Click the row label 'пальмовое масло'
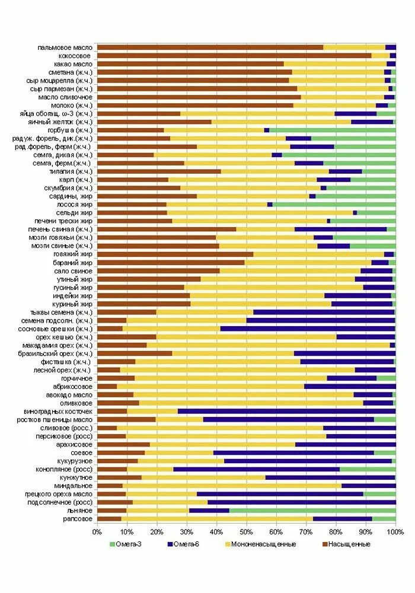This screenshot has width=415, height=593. (64, 47)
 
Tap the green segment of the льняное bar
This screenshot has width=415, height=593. (312, 511)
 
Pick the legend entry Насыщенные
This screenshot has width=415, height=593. (346, 544)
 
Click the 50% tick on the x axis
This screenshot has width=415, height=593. (247, 533)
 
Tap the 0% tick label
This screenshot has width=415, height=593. (97, 533)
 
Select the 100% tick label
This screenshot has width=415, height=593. (395, 533)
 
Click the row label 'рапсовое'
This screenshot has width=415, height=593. (77, 519)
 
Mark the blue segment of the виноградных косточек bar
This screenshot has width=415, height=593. (286, 411)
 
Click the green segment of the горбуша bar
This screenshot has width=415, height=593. (333, 130)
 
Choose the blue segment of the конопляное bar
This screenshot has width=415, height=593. (256, 469)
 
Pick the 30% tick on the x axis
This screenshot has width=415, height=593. (187, 533)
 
